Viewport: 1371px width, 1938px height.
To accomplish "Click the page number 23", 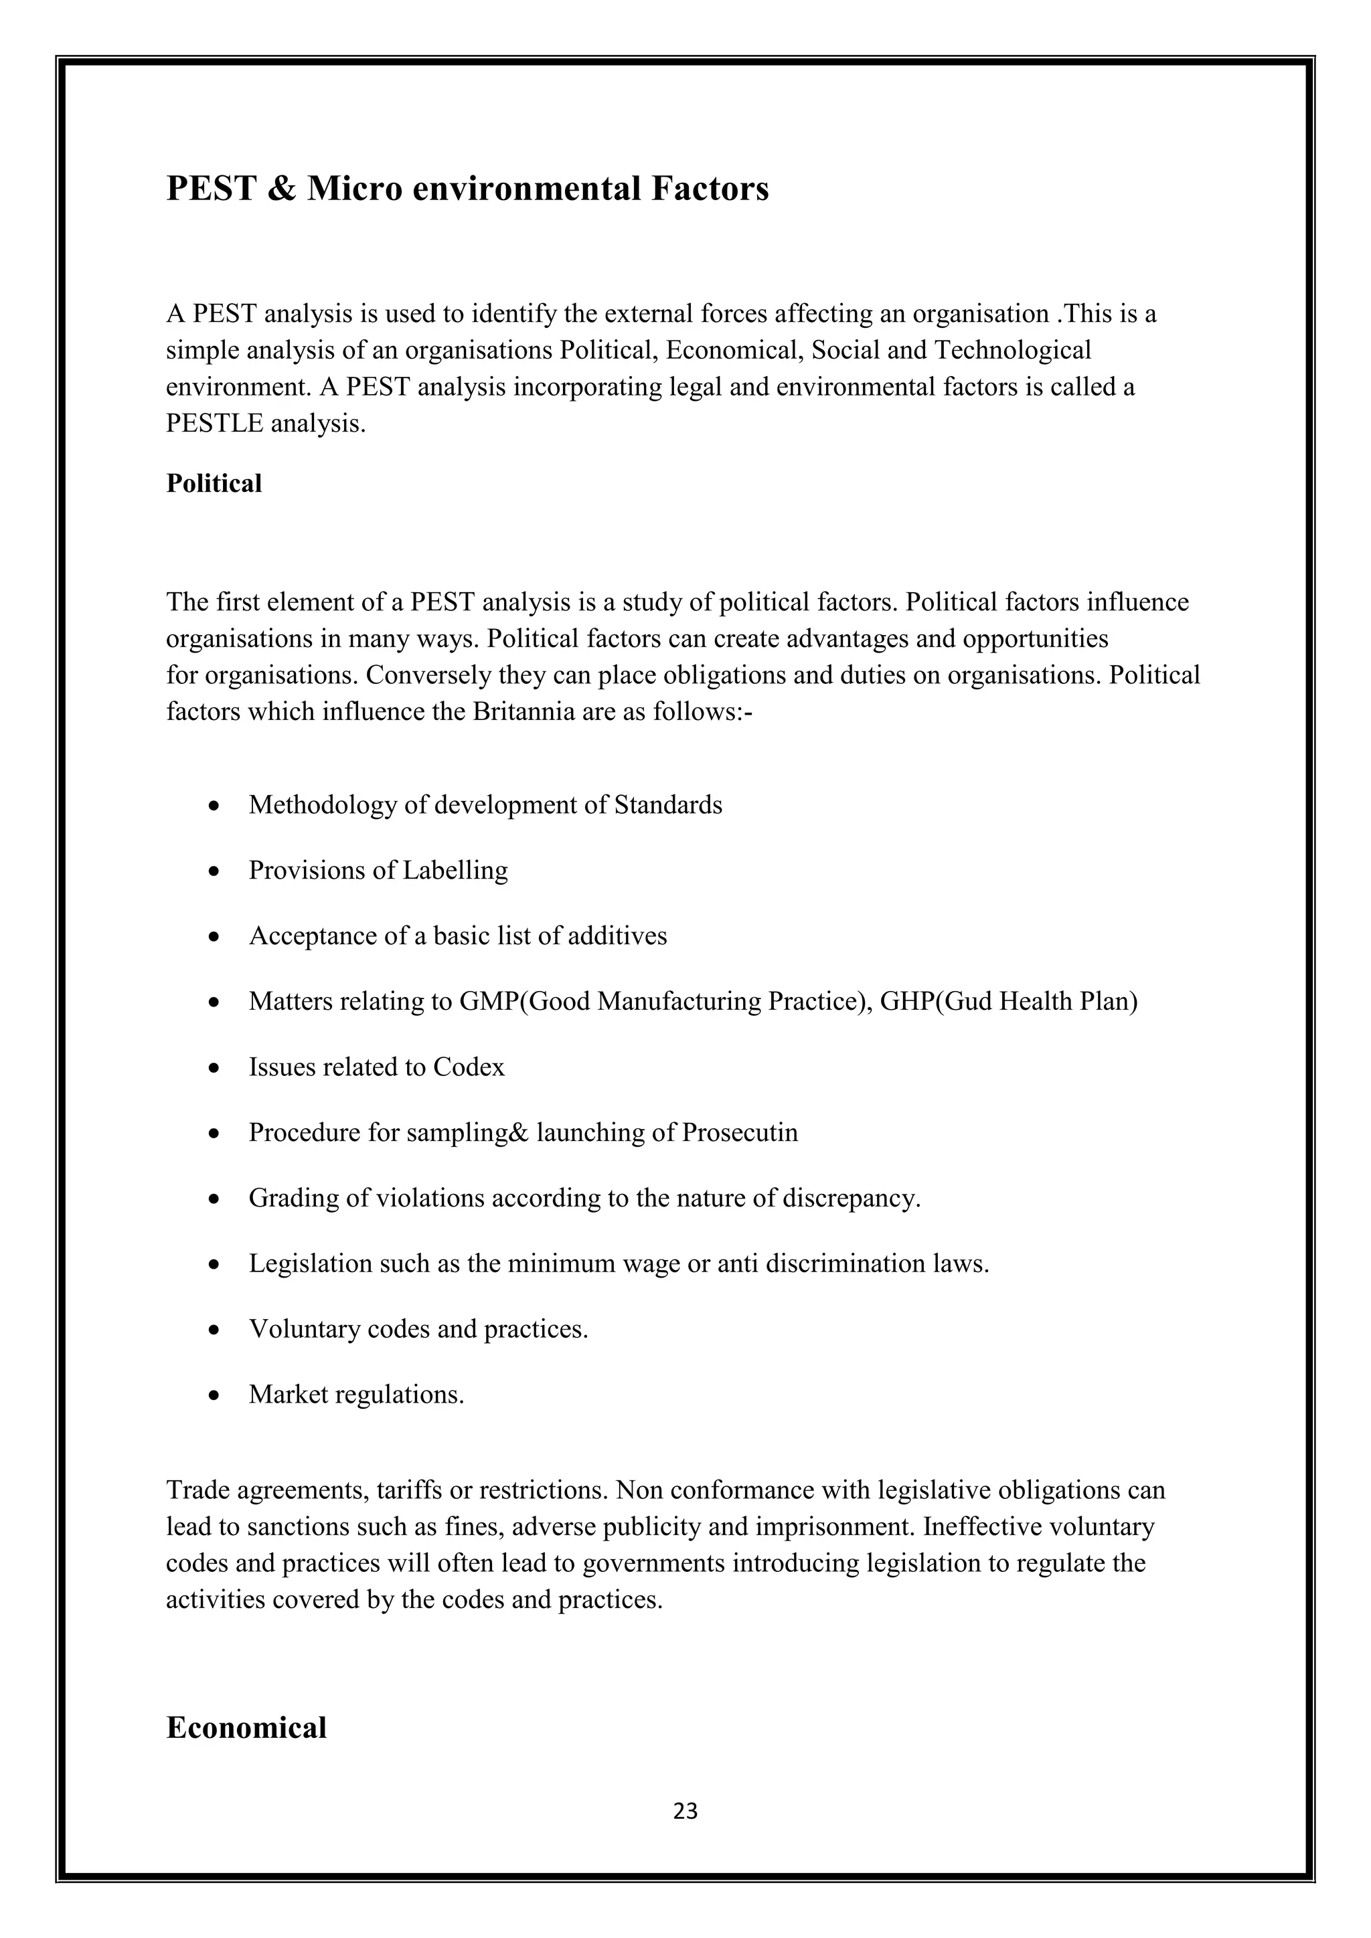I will [685, 1811].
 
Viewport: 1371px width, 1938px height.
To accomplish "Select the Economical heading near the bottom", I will [246, 1727].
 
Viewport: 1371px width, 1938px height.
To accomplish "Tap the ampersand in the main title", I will [280, 188].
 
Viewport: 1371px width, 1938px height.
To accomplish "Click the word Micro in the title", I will [355, 188].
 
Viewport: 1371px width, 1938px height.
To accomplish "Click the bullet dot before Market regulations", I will [216, 1395].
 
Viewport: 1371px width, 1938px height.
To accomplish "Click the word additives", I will [617, 936].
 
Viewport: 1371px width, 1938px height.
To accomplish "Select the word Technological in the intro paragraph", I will [1012, 349].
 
